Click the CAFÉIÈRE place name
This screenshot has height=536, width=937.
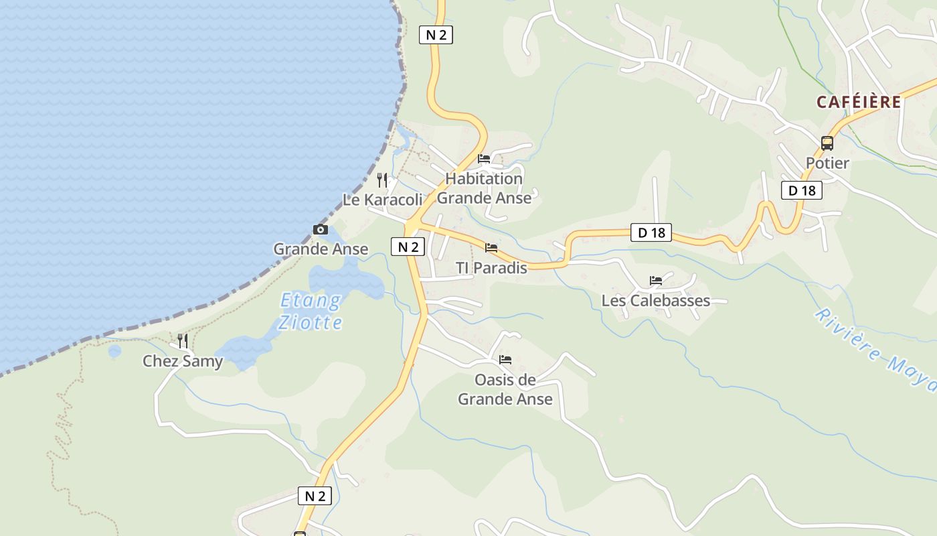[859, 102]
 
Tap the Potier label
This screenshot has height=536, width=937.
[827, 163]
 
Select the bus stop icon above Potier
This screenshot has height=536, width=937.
[827, 143]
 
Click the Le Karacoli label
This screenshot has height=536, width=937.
[383, 200]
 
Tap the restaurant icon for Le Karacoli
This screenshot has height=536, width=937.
[382, 180]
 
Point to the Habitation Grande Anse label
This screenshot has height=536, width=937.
[484, 188]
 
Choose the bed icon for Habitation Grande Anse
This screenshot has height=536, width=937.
[484, 159]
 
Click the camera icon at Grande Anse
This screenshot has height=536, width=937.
[321, 230]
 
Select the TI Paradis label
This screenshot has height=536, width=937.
[491, 268]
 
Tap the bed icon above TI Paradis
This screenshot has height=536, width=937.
[491, 248]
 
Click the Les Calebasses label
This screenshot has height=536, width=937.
[656, 300]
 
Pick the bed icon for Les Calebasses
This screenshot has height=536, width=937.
[656, 280]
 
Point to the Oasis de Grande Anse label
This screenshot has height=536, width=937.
[505, 389]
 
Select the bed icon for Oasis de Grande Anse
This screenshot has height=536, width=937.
[505, 360]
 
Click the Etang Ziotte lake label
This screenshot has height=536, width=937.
[311, 311]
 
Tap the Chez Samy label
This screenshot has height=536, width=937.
[183, 362]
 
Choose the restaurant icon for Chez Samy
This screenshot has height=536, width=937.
[183, 341]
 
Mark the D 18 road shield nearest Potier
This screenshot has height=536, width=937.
[802, 190]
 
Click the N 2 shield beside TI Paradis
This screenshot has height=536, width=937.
[408, 247]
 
